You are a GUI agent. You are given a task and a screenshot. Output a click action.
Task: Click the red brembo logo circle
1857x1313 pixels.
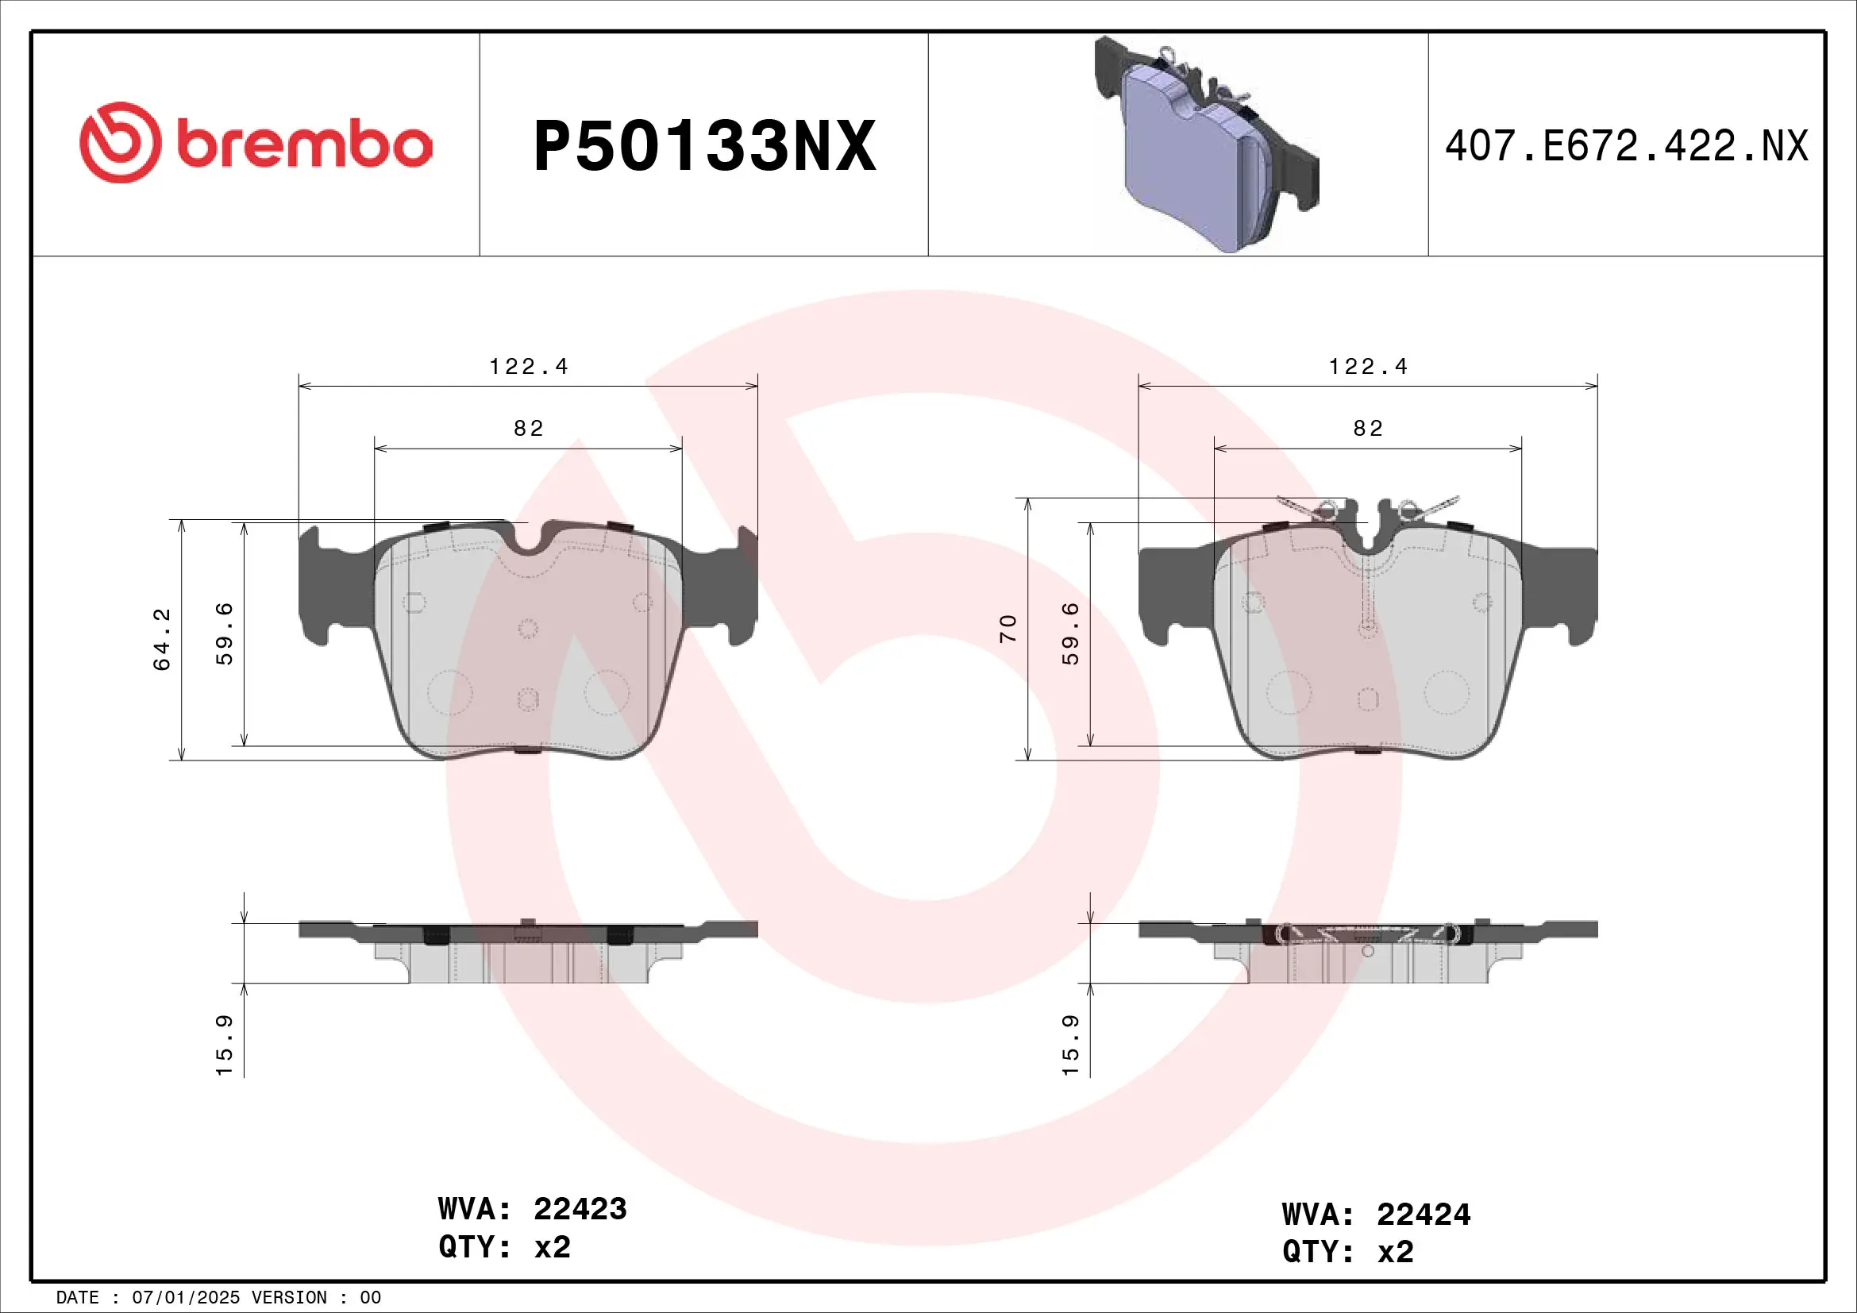pos(120,142)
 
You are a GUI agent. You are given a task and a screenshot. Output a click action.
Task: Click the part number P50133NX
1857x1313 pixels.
pos(704,146)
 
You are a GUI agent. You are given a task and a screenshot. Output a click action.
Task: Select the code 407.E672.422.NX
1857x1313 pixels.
pos(1626,146)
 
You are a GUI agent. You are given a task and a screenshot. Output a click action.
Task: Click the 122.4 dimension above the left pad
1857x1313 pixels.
pos(528,367)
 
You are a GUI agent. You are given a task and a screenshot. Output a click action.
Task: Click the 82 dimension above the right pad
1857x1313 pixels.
pos(1368,429)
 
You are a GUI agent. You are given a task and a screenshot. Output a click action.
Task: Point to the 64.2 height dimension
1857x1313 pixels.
pos(163,639)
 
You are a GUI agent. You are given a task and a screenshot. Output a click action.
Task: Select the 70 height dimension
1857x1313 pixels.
pos(1007,628)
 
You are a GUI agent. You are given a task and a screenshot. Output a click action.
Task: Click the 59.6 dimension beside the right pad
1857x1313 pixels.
pos(1070,633)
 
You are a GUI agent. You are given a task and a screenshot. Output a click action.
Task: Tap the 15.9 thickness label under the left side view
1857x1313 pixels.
pos(224,1045)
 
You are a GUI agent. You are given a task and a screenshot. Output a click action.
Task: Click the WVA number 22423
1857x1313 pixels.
pos(580,1209)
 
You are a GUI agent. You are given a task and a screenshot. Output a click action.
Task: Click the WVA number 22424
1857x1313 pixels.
pos(1424,1215)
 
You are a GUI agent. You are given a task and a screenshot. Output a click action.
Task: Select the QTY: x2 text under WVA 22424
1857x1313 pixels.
pos(1347,1252)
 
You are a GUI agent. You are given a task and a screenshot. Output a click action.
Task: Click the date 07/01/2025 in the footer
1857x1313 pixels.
pos(186,1298)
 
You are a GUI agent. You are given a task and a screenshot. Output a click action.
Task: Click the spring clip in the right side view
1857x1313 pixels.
pos(1368,934)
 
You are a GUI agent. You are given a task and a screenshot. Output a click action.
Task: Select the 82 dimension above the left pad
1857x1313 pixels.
pos(528,429)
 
